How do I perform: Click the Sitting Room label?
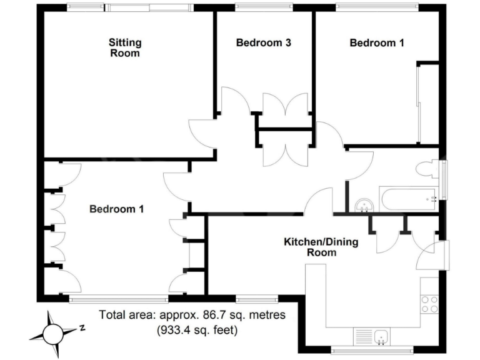click(x=125, y=48)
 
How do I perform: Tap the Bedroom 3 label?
click(x=263, y=43)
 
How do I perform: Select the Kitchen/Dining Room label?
click(x=321, y=247)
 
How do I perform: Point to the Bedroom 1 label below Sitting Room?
click(x=116, y=209)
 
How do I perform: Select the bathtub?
click(x=409, y=199)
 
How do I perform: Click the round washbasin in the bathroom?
click(x=363, y=204)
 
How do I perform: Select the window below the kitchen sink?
click(x=374, y=348)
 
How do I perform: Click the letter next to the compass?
click(x=82, y=327)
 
